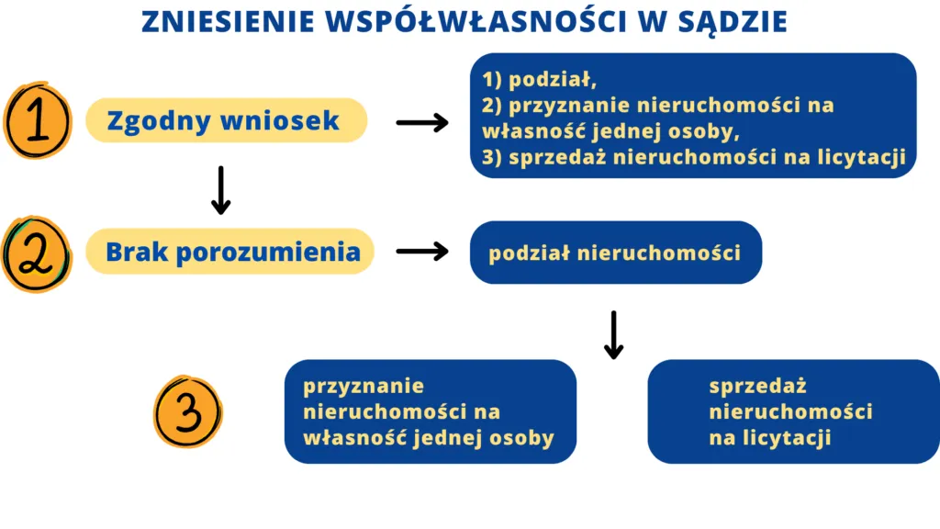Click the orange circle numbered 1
point(37,121)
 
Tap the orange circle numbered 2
point(36,253)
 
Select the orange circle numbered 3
point(187,412)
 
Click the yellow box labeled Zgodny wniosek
point(226,120)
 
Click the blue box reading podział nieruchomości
point(615,253)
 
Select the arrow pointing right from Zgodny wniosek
point(421,122)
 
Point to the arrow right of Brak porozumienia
point(421,252)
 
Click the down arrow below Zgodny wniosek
point(220,191)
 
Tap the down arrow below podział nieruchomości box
point(613,335)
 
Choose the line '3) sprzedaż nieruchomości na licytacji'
point(694,157)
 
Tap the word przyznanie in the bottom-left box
point(364,387)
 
